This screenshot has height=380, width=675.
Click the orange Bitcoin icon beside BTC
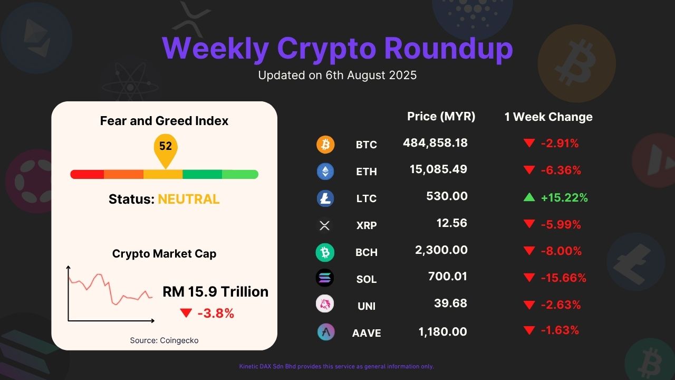coord(325,145)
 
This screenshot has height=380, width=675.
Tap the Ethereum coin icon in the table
coord(325,172)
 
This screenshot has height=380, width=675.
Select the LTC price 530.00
coord(447,196)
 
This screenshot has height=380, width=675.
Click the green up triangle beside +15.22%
coord(529,197)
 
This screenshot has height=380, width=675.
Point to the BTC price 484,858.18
coord(436,143)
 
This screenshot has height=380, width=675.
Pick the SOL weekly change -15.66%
coord(564,278)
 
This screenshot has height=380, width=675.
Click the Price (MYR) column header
coord(441,117)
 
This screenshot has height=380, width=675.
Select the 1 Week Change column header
coord(548,117)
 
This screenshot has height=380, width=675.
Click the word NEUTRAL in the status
coord(189,199)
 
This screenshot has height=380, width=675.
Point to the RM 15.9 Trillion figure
coord(215,292)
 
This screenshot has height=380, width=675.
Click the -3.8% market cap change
coord(216,313)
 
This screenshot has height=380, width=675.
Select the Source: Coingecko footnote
coord(164,340)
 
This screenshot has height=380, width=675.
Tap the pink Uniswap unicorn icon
coord(325,303)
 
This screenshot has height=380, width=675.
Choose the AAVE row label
coord(367,333)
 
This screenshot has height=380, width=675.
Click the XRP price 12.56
coord(452,223)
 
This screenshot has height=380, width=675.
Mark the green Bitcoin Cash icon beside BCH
coord(325,252)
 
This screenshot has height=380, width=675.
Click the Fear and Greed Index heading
coord(164,121)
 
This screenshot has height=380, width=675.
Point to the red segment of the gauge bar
coord(87,174)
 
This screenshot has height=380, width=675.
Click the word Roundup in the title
coord(448,49)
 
